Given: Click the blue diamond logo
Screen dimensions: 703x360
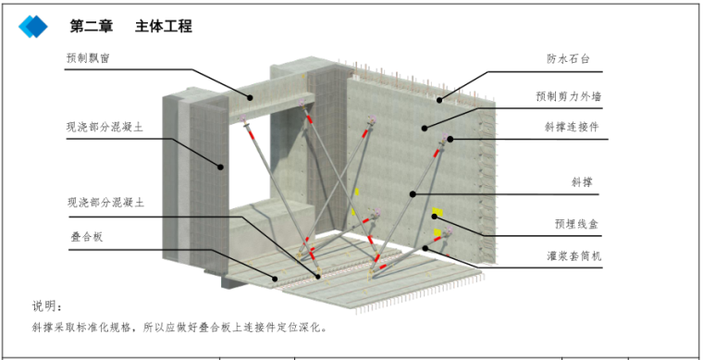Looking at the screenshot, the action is pos(33,27).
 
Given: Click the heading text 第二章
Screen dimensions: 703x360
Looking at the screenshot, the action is pos(91,27).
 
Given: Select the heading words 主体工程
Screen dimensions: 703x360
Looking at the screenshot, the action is pos(164,27).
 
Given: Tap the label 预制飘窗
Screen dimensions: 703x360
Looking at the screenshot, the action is pos(88,58).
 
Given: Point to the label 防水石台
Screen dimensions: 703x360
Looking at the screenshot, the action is pos(568,59).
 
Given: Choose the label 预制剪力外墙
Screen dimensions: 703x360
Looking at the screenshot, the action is pos(569,96).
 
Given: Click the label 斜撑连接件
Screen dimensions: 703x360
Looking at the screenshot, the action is pos(572,127).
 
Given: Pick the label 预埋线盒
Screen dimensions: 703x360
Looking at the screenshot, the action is pos(576,224).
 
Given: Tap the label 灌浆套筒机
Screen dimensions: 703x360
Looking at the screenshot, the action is pos(573,256).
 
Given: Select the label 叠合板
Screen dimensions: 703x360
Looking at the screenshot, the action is pos(87,237).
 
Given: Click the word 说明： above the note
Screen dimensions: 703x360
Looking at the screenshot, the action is pos(46,306).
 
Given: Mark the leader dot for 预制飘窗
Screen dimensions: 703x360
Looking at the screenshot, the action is pos(250,98).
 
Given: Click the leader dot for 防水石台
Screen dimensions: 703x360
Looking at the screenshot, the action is pos(439,100).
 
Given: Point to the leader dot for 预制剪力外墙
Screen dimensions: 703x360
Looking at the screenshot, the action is pos(425,129).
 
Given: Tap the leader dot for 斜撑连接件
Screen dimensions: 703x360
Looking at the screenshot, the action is pos(450,139).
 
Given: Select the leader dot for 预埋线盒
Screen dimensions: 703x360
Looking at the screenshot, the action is pos(434,217).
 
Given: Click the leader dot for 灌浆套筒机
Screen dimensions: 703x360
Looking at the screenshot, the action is pos(425,248).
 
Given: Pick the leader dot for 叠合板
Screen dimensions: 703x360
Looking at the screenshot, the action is pos(276,279).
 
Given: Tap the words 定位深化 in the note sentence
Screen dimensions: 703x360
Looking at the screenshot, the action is pos(300,328).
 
